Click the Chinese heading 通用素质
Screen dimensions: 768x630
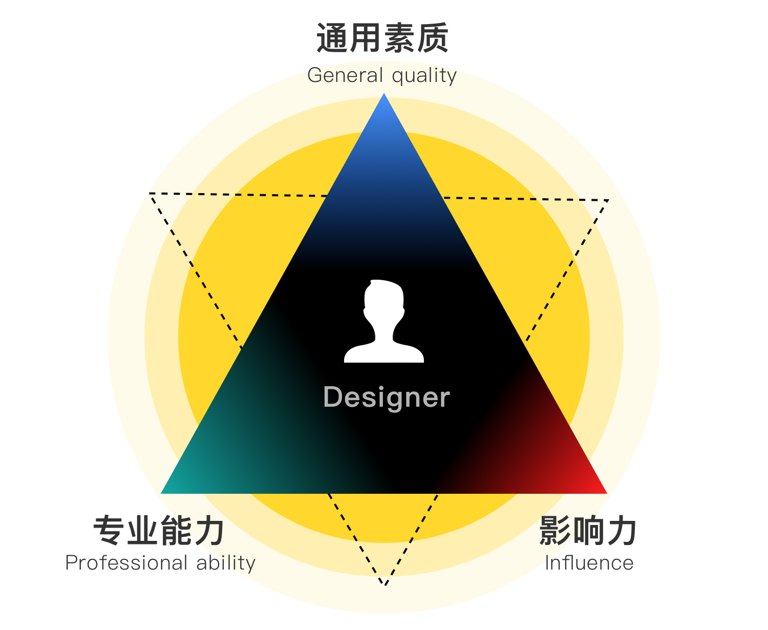(x=382, y=38)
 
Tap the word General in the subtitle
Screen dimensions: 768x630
(x=345, y=75)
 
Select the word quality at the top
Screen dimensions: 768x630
(x=424, y=76)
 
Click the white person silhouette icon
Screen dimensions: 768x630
(x=384, y=321)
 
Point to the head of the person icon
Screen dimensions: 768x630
(x=384, y=299)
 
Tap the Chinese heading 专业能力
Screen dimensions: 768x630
(x=159, y=530)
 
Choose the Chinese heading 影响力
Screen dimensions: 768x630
(x=588, y=530)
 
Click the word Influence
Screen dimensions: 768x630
(x=589, y=563)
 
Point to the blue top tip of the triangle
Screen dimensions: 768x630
(x=384, y=94)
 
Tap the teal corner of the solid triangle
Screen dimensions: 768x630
(x=162, y=493)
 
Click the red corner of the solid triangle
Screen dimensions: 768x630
(x=606, y=493)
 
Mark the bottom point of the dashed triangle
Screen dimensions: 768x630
(x=385, y=585)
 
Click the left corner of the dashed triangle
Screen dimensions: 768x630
(x=150, y=194)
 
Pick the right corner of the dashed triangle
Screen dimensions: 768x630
(x=608, y=200)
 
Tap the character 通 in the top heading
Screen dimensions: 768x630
(x=332, y=38)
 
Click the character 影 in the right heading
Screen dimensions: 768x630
(x=554, y=530)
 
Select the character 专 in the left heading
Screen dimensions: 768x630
(x=109, y=530)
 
